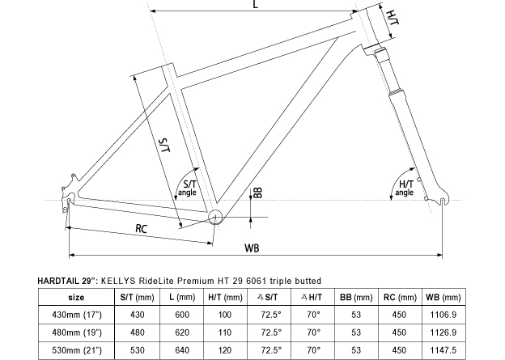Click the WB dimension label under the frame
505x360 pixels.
[252, 248]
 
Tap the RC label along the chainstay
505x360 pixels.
[141, 228]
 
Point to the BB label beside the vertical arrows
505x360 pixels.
[258, 193]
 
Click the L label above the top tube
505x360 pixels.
[256, 4]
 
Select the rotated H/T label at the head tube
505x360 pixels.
[393, 17]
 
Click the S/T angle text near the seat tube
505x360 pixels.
[188, 188]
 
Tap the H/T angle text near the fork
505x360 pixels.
[405, 188]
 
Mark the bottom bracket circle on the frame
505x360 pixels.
[215, 217]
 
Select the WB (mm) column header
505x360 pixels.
[443, 297]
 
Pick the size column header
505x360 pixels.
[76, 297]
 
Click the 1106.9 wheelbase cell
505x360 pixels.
[443, 315]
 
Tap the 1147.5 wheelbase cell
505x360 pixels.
[443, 350]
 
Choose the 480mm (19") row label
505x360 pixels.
[77, 332]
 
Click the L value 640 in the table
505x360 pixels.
[182, 350]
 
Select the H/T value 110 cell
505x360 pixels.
[225, 332]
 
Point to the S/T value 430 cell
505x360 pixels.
[138, 315]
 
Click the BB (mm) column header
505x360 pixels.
[356, 297]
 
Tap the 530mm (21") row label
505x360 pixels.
[77, 350]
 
